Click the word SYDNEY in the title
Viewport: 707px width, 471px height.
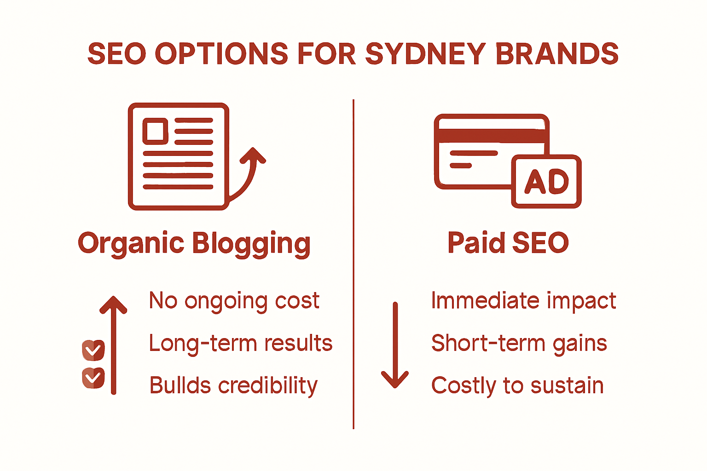click(425, 54)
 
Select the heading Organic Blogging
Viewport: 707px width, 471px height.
click(194, 243)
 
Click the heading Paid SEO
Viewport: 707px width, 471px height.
click(508, 243)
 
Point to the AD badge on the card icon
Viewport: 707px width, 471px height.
click(546, 181)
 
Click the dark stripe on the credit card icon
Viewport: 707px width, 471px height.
click(492, 135)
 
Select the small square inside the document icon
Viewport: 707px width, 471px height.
click(155, 131)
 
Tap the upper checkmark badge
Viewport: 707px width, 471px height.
click(93, 350)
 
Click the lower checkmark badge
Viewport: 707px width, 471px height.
click(93, 378)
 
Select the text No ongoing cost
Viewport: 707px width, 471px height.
click(234, 301)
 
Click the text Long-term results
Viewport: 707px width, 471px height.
click(240, 344)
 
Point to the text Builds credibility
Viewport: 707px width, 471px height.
click(233, 386)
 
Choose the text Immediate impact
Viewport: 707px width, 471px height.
click(523, 301)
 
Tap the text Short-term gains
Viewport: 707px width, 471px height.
click(519, 344)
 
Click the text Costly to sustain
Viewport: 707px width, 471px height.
click(517, 385)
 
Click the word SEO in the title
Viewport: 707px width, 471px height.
click(116, 54)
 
